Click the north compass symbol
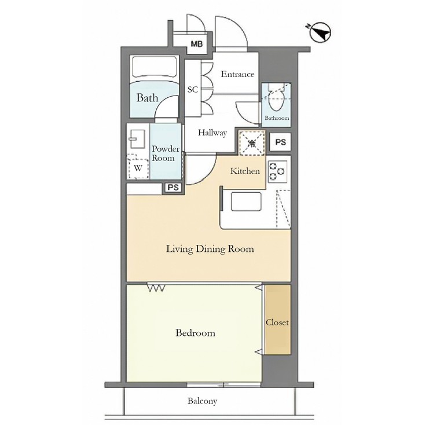tap(320, 33)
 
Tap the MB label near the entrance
tap(197, 45)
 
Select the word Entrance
tap(237, 74)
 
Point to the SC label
tap(193, 90)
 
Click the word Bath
tap(147, 98)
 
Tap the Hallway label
tap(212, 133)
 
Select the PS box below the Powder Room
tap(173, 187)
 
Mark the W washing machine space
tap(138, 168)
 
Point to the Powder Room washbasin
tap(138, 139)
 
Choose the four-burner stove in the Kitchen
tap(276, 170)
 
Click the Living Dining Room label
tap(210, 250)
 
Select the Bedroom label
tap(195, 333)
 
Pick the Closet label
tap(277, 322)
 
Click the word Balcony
tap(202, 401)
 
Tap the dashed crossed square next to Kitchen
tap(252, 143)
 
